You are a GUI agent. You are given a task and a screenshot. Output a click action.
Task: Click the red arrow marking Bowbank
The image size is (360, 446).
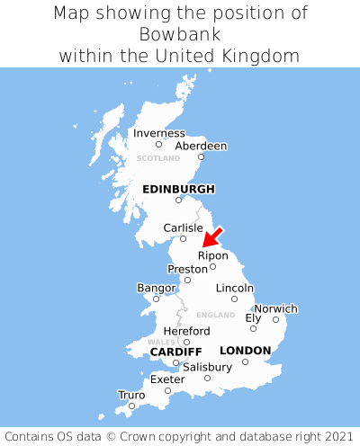212,236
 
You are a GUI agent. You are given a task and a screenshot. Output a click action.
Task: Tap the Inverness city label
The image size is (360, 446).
159,133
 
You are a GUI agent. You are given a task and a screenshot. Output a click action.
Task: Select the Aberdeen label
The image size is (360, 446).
201,146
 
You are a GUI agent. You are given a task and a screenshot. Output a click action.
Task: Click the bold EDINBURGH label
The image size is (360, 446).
178,189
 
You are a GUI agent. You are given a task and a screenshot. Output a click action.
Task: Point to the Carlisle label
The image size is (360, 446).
184,227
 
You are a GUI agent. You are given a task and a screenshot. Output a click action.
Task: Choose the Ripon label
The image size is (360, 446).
213,255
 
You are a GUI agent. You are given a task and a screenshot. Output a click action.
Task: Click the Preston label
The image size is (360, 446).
187,269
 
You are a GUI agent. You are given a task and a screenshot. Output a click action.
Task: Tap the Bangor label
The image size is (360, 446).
156,288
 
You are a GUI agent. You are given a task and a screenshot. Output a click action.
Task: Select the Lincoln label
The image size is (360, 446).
235,288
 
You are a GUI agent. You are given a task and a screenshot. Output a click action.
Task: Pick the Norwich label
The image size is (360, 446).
275,308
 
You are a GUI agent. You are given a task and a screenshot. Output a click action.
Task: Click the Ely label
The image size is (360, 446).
253,317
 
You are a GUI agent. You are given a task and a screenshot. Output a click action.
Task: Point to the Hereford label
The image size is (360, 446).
186,331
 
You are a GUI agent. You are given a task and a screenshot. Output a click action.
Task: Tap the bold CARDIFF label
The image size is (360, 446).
175,351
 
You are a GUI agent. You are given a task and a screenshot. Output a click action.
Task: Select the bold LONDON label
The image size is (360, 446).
245,350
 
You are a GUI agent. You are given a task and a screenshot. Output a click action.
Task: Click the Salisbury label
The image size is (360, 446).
207,367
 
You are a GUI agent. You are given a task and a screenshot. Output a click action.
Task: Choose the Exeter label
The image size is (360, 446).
167,379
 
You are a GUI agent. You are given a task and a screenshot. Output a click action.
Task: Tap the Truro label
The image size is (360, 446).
131,395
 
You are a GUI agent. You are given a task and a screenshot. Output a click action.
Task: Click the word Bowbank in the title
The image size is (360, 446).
180,34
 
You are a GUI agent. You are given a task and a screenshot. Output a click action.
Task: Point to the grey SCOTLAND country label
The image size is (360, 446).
158,158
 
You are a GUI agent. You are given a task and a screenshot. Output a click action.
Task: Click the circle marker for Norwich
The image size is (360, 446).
275,319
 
